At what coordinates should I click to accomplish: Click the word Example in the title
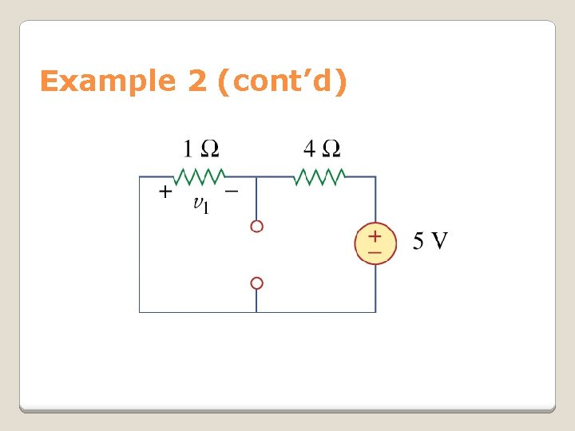point(107,81)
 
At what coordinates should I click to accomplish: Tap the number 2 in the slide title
point(197,81)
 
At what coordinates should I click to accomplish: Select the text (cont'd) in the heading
point(282,81)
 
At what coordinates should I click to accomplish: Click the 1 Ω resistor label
point(201,148)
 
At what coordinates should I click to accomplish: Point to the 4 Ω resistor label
point(322,148)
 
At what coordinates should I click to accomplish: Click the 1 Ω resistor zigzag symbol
point(201,176)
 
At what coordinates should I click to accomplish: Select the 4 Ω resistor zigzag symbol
point(319,176)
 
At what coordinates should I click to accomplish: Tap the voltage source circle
point(375,243)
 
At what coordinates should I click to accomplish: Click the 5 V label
point(430,240)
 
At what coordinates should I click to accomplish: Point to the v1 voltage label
point(201,205)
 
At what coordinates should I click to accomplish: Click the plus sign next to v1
point(164,192)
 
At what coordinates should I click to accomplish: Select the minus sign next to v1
point(231,192)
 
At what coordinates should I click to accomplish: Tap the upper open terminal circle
point(256,227)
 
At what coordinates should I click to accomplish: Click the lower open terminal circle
point(256,283)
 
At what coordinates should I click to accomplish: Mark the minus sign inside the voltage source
point(375,252)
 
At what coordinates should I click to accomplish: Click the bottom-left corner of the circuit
point(140,311)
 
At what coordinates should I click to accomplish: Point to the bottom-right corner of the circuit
point(375,311)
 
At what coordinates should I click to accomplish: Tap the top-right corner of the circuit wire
point(375,177)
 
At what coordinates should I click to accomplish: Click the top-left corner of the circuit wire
point(140,177)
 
